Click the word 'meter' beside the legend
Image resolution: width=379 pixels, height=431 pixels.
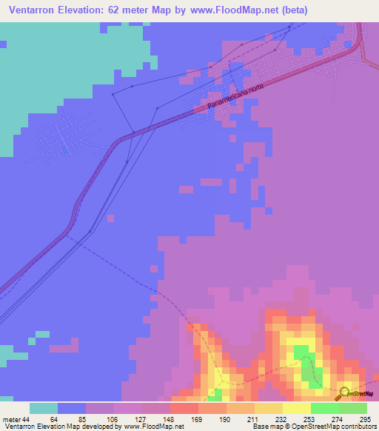(x=10, y=418)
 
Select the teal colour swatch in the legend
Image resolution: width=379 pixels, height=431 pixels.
(x=44, y=408)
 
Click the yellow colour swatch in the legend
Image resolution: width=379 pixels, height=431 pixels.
(x=297, y=408)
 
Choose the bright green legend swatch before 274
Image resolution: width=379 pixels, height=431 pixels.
(x=325, y=408)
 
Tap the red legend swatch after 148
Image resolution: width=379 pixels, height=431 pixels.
(x=184, y=408)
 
